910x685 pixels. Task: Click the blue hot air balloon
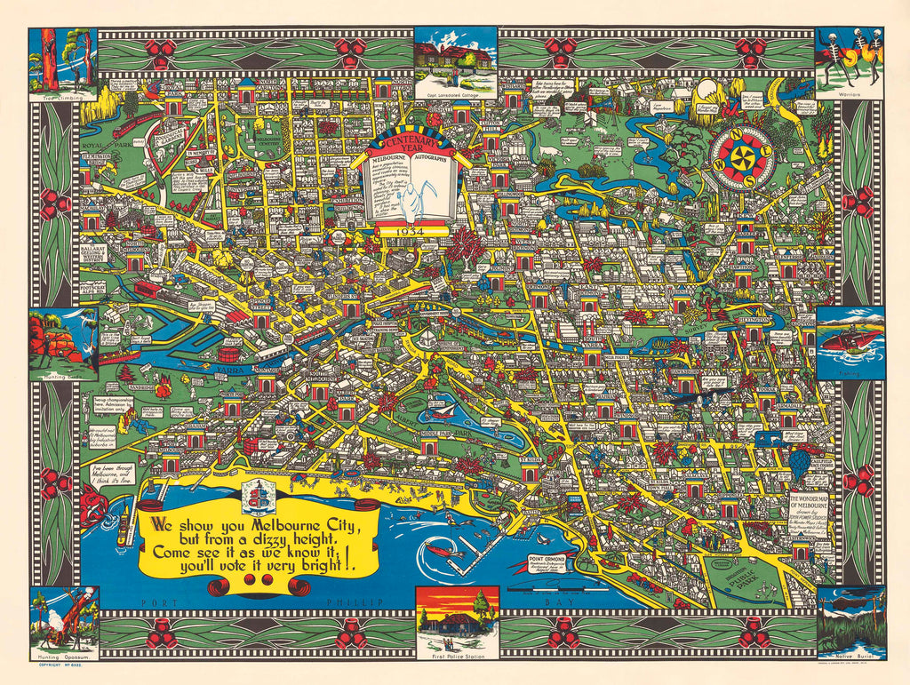point(800,462)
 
